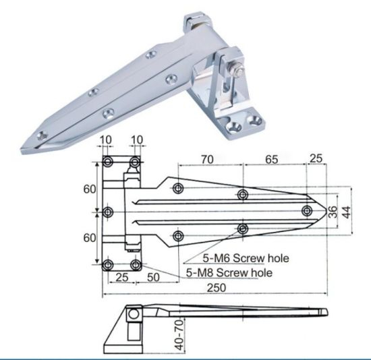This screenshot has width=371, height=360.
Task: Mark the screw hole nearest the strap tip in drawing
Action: click(307, 211)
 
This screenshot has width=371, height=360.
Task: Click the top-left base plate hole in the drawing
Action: click(108, 162)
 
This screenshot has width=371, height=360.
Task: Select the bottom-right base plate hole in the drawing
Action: click(136, 264)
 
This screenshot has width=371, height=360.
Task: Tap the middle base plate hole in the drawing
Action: click(108, 213)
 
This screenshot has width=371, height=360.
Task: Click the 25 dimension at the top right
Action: click(315, 160)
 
